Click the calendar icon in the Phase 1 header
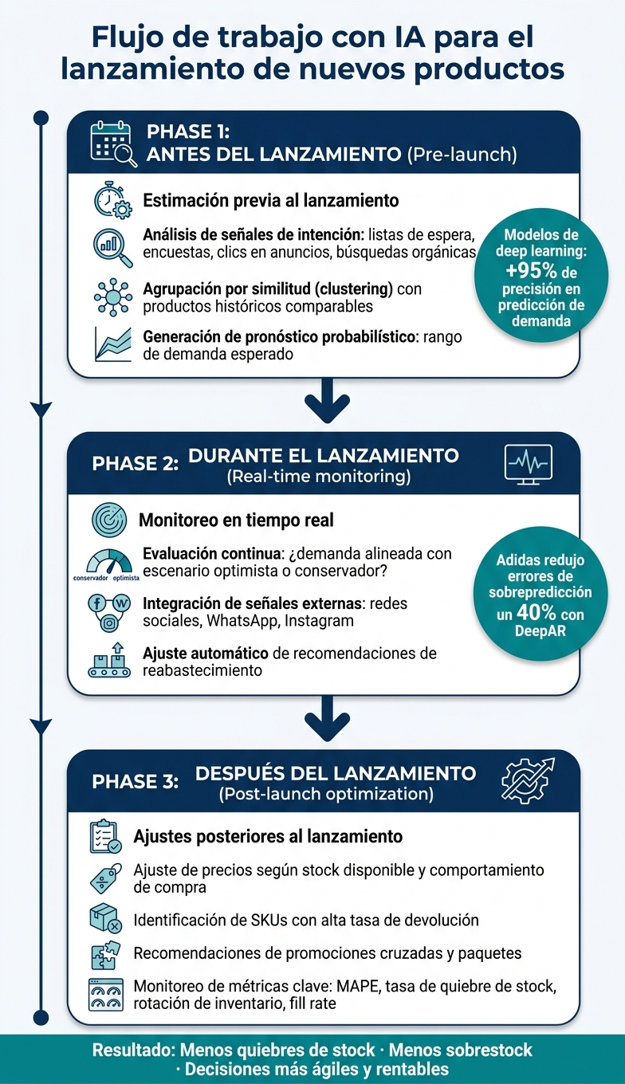113,143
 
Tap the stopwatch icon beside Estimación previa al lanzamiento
112,200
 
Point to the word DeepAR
540,631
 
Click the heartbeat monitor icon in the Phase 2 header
529,464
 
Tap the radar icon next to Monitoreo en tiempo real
109,520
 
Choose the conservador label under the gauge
91,578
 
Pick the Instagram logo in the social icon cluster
109,623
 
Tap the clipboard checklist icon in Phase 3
105,836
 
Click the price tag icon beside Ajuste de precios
106,878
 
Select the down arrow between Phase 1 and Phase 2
328,401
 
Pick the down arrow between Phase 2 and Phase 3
328,718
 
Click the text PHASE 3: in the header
135,782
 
